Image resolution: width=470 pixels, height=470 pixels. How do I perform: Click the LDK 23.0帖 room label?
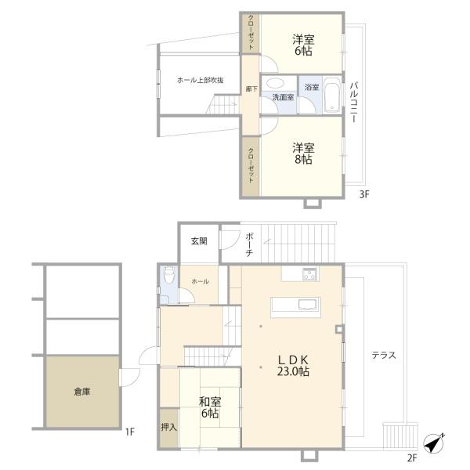click(x=293, y=365)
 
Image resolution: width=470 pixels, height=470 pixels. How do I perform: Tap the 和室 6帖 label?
click(x=210, y=407)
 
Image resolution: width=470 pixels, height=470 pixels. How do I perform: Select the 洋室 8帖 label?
click(x=303, y=154)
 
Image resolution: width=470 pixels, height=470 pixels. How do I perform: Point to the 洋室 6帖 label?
click(x=303, y=45)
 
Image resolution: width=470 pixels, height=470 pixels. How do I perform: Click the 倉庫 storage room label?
click(x=82, y=392)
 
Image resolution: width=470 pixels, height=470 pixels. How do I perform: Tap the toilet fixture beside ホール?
click(x=169, y=275)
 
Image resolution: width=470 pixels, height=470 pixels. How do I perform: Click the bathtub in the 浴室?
click(x=332, y=95)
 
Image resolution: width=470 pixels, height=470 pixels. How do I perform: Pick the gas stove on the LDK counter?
click(x=309, y=274)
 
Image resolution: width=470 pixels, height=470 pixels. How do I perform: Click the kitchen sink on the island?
click(x=308, y=305)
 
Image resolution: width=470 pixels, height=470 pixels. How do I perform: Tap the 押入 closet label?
click(x=168, y=428)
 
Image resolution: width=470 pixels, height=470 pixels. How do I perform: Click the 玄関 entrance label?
click(x=199, y=241)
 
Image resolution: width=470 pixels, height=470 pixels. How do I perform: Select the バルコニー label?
click(x=354, y=102)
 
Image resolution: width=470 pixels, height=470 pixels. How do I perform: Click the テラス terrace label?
click(x=384, y=356)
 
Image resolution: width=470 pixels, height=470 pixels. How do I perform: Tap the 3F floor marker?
click(x=364, y=194)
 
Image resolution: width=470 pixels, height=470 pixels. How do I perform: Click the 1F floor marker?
click(x=130, y=432)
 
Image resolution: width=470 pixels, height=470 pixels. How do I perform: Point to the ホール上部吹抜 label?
click(x=201, y=81)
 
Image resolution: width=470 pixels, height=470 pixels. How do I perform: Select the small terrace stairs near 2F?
click(x=400, y=436)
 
